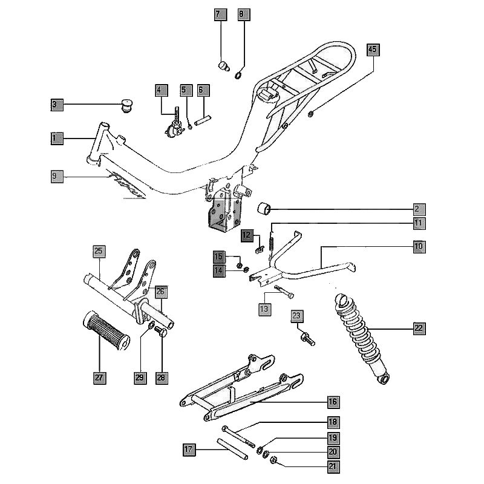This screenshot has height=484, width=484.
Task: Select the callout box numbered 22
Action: (419, 329)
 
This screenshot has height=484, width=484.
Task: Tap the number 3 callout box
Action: (56, 105)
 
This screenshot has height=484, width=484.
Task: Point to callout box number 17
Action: (189, 449)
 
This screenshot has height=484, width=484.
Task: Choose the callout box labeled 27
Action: (100, 378)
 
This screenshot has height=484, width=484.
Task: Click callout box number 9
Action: (56, 176)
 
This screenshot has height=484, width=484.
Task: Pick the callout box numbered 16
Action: (333, 402)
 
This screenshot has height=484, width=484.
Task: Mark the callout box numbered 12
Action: (246, 235)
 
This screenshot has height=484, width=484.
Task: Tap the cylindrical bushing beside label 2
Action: (264, 210)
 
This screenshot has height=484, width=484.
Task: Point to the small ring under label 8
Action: (239, 75)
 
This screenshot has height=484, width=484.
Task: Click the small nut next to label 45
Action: (310, 114)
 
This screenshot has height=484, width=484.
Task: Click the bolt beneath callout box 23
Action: (307, 340)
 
